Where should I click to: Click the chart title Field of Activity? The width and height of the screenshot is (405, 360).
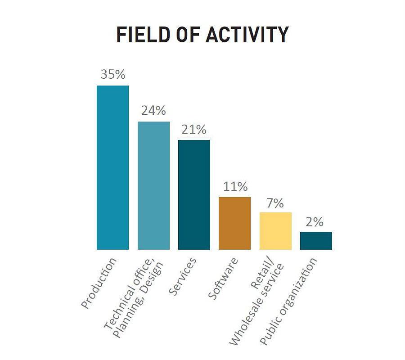pyautogui.click(x=202, y=35)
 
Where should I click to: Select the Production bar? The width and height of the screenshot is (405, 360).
pyautogui.click(x=112, y=167)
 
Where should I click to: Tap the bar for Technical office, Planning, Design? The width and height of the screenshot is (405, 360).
pyautogui.click(x=153, y=185)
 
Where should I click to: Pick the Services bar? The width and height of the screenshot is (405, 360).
pyautogui.click(x=194, y=194)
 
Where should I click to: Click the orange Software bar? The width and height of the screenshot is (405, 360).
pyautogui.click(x=234, y=223)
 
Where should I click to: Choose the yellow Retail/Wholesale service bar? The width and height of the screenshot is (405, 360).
pyautogui.click(x=275, y=231)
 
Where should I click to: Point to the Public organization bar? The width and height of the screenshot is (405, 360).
pyautogui.click(x=316, y=241)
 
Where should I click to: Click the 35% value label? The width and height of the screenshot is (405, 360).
pyautogui.click(x=112, y=74)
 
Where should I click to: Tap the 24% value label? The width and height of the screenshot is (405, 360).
pyautogui.click(x=153, y=111)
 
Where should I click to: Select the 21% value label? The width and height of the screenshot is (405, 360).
pyautogui.click(x=194, y=129)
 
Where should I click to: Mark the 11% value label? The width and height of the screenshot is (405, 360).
pyautogui.click(x=234, y=186)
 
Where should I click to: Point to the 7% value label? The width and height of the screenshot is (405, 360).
pyautogui.click(x=275, y=203)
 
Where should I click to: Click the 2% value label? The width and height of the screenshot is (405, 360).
pyautogui.click(x=316, y=222)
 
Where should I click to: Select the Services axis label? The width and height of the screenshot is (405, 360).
pyautogui.click(x=183, y=276)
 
